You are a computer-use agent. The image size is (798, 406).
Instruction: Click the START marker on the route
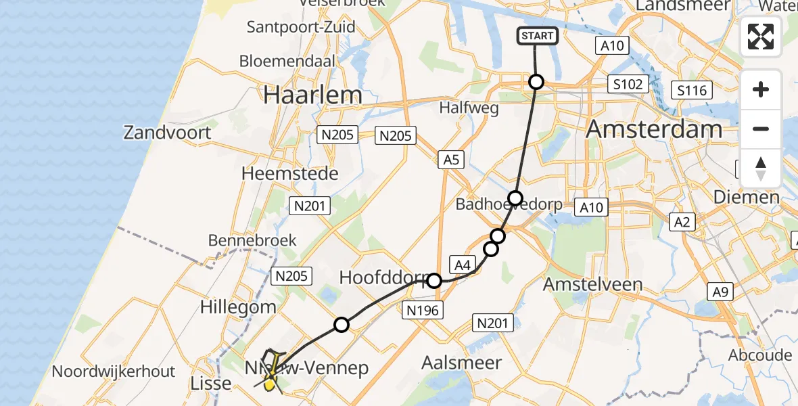[538, 36]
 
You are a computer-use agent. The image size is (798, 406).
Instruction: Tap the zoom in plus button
[761, 89]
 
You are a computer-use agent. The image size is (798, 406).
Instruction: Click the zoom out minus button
[761, 129]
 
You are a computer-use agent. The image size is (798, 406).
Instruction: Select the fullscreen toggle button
[761, 37]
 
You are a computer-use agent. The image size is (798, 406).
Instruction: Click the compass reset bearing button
[761, 168]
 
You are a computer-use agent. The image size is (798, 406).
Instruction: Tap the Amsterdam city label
[654, 129]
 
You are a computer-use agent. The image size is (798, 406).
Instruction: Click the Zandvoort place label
[167, 132]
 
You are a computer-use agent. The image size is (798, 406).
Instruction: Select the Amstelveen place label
[593, 284]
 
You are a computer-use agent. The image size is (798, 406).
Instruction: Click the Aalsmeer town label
[462, 363]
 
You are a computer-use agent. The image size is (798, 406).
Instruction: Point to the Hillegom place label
[238, 307]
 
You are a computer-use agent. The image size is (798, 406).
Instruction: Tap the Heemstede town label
[290, 174]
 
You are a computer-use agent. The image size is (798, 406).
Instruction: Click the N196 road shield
[423, 311]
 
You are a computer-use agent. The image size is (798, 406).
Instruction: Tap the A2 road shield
[682, 221]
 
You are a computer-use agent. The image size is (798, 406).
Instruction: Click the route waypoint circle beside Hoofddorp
[434, 280]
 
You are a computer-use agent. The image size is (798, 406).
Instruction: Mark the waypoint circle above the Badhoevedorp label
[515, 198]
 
